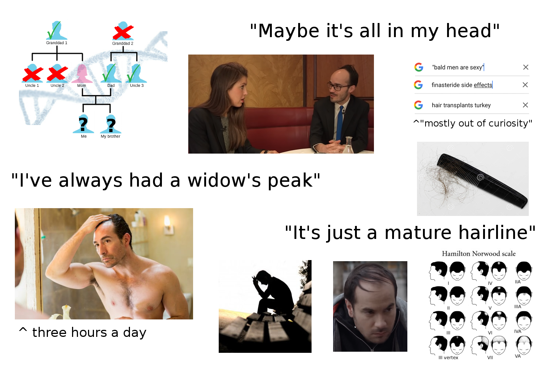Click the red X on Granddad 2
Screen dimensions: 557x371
pos(123,32)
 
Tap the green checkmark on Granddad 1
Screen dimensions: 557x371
pos(54,30)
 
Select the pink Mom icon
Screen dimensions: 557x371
pos(82,73)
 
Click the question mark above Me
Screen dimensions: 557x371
pos(83,124)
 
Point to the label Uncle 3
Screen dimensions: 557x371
pos(137,85)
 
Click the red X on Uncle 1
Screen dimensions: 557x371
pos(33,74)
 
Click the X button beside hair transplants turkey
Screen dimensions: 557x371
pos(525,105)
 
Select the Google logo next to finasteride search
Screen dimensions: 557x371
pos(418,85)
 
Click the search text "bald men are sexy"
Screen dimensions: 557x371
pos(458,68)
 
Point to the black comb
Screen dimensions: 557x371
pos(482,181)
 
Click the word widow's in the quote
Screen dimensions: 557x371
pos(224,180)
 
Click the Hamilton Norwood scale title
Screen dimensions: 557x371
pos(479,253)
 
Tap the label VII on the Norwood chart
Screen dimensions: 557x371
pos(490,358)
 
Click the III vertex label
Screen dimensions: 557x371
pos(448,358)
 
